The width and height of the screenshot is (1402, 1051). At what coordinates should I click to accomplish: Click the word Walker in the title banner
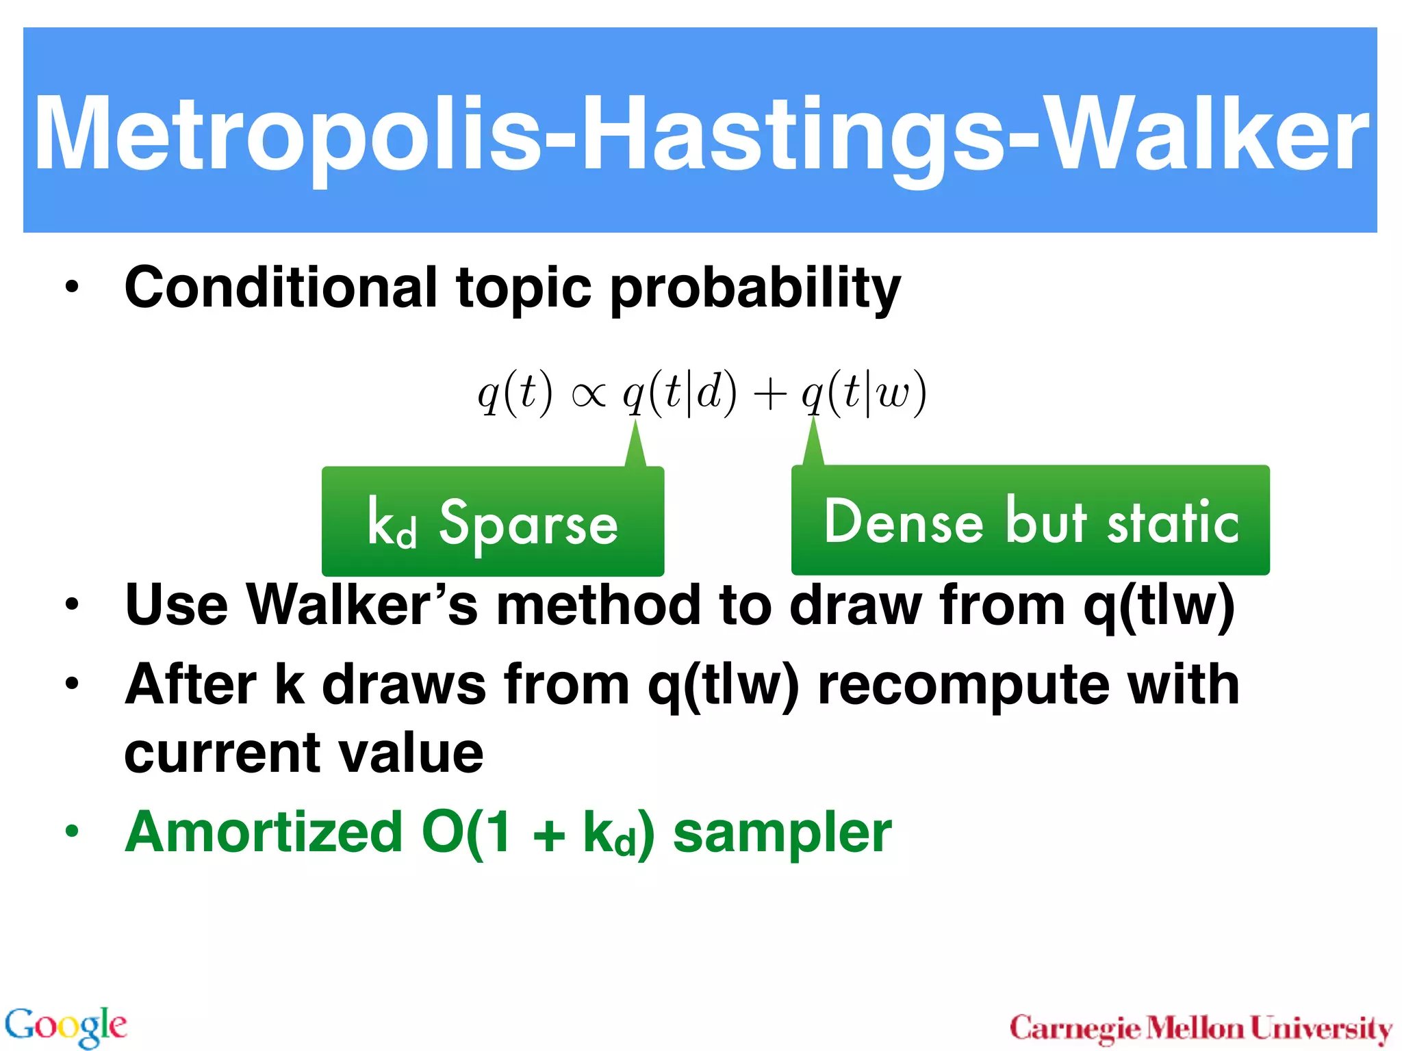tap(1205, 133)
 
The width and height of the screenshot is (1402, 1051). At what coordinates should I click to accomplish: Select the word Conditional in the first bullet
tap(281, 287)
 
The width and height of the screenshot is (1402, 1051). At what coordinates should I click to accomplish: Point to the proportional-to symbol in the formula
tap(589, 395)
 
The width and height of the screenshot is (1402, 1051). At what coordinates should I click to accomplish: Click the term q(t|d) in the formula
tap(680, 393)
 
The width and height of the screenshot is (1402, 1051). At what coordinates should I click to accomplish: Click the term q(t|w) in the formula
tap(864, 393)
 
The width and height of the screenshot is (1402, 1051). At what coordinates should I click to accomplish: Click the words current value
tap(304, 753)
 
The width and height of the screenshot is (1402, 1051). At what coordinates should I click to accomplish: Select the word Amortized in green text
tap(264, 832)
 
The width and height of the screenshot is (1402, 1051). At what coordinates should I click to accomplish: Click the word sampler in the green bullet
tap(782, 832)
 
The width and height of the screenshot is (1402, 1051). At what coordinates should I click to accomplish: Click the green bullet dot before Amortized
tap(72, 831)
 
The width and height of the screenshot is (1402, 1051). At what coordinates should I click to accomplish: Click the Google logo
tap(66, 1026)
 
